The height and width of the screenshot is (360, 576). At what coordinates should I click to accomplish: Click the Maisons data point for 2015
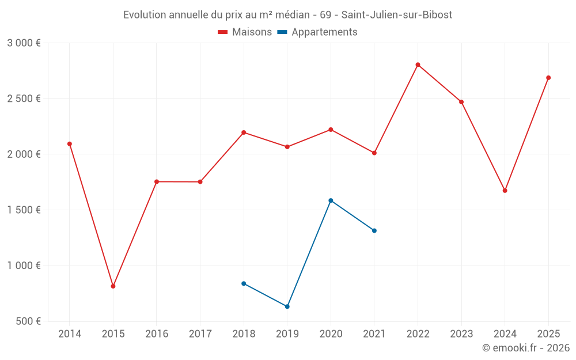pyautogui.click(x=113, y=286)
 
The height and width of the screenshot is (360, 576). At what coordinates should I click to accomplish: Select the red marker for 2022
pyautogui.click(x=418, y=65)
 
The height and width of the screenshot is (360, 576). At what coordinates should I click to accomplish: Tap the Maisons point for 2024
pyautogui.click(x=505, y=191)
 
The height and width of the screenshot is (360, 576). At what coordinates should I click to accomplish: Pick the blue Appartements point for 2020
pyautogui.click(x=331, y=200)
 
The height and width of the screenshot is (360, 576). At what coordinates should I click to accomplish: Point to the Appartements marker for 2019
pyautogui.click(x=287, y=306)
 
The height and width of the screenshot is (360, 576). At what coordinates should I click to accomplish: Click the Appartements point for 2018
pyautogui.click(x=244, y=283)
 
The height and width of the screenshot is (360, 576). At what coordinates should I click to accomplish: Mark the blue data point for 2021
pyautogui.click(x=374, y=230)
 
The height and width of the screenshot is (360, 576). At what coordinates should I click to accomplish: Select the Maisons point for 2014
pyautogui.click(x=70, y=144)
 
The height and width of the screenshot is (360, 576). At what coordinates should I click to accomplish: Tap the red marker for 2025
pyautogui.click(x=548, y=78)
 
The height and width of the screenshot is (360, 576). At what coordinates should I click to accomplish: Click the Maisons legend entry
pyautogui.click(x=245, y=32)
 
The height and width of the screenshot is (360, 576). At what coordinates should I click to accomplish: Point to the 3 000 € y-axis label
pyautogui.click(x=24, y=43)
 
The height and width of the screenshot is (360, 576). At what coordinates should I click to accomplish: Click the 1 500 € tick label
pyautogui.click(x=24, y=210)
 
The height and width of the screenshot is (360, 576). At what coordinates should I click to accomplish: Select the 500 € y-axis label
pyautogui.click(x=28, y=321)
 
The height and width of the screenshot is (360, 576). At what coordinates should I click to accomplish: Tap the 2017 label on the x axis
pyautogui.click(x=200, y=334)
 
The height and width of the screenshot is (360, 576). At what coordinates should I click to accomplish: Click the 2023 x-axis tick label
pyautogui.click(x=461, y=334)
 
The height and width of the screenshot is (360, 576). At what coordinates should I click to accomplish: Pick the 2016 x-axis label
pyautogui.click(x=157, y=334)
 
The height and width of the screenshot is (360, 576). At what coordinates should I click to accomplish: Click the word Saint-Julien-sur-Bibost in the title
pyautogui.click(x=397, y=14)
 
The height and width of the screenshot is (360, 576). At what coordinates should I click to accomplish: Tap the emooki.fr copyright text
pyautogui.click(x=525, y=348)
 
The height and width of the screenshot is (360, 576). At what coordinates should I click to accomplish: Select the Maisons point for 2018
pyautogui.click(x=244, y=132)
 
